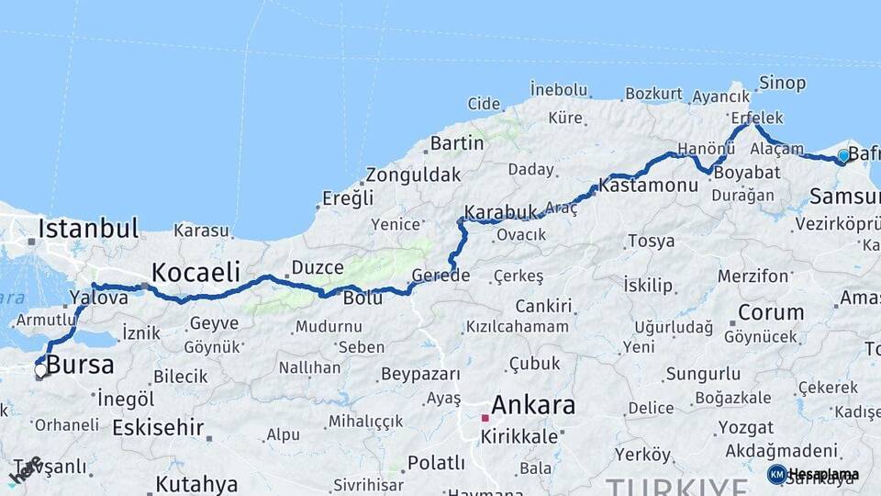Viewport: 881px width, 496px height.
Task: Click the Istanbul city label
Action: click(x=88, y=228)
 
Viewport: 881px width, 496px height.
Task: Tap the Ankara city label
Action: click(x=533, y=405)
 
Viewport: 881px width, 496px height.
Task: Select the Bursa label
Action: click(x=80, y=365)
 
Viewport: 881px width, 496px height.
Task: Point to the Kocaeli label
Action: click(x=195, y=272)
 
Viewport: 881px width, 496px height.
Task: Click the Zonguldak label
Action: click(x=413, y=175)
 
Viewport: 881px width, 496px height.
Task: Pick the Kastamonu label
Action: click(x=649, y=185)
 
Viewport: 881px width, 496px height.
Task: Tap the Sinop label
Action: click(x=782, y=84)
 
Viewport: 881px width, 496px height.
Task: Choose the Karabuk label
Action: click(x=500, y=212)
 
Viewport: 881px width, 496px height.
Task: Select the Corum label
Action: click(x=771, y=312)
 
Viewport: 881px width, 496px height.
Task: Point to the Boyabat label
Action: click(x=746, y=172)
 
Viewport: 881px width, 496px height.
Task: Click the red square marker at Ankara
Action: click(x=485, y=418)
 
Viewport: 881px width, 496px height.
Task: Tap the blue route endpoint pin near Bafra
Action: click(x=843, y=157)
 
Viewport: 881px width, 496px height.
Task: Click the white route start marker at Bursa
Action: click(x=40, y=371)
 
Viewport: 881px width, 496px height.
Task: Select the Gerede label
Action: click(x=440, y=276)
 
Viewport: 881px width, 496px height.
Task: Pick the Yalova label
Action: click(x=98, y=298)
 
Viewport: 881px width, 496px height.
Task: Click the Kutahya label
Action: click(x=196, y=484)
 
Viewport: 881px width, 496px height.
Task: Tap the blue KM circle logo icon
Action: click(x=776, y=474)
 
